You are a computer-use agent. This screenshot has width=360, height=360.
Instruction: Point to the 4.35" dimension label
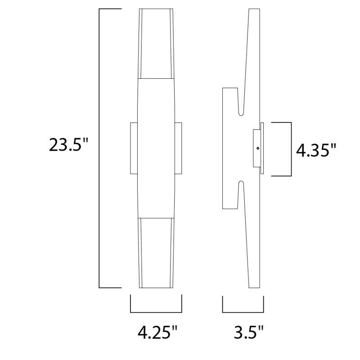316,149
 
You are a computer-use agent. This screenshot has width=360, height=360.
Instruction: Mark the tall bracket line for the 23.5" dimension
99,148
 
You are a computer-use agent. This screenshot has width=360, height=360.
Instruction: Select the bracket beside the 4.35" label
292,148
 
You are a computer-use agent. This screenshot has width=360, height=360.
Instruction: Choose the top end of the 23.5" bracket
110,9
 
